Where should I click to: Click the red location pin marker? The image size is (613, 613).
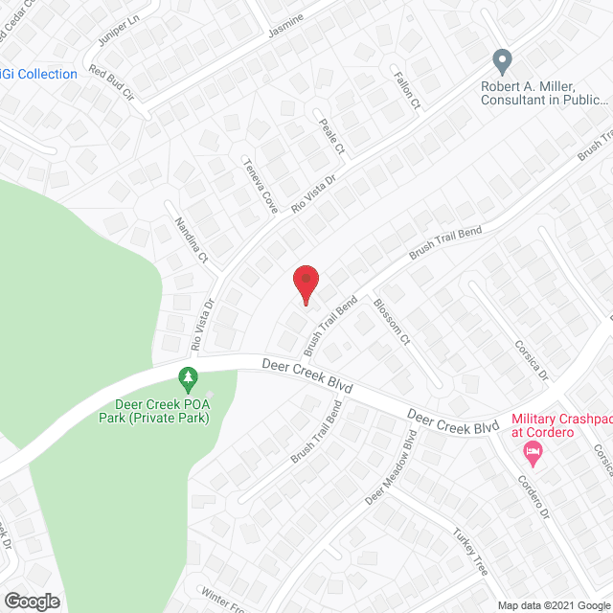[x=305, y=284]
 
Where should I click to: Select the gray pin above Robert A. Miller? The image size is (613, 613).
[x=501, y=63]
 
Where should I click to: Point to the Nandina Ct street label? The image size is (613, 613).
[x=191, y=244]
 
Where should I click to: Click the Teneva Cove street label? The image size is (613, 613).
[x=259, y=185]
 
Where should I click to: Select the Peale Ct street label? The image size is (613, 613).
[x=331, y=137]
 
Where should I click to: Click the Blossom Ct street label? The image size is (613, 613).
[x=394, y=326]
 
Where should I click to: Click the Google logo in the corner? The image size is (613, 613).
[x=32, y=602]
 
